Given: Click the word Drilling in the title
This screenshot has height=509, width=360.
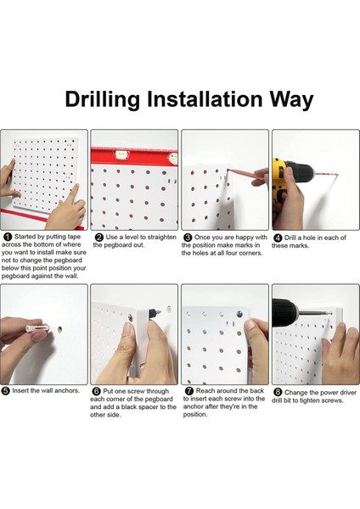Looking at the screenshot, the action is click(103, 99).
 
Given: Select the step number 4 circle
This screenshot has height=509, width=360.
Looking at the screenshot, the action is click(278, 238).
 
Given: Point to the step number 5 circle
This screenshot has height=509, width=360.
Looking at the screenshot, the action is click(6, 391).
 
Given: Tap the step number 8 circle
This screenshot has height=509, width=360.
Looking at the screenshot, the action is click(278, 393).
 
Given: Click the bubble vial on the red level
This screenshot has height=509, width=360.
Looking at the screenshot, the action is click(121, 154).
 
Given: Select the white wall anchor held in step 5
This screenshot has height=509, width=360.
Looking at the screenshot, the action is click(37, 327).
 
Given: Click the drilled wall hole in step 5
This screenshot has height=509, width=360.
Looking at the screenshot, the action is click(59, 329).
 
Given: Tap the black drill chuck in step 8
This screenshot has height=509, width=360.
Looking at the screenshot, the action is click(284, 312).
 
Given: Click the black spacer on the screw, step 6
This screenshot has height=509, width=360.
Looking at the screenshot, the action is click(152, 313).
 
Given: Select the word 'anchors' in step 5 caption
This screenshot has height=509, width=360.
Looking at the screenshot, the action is click(66, 390).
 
